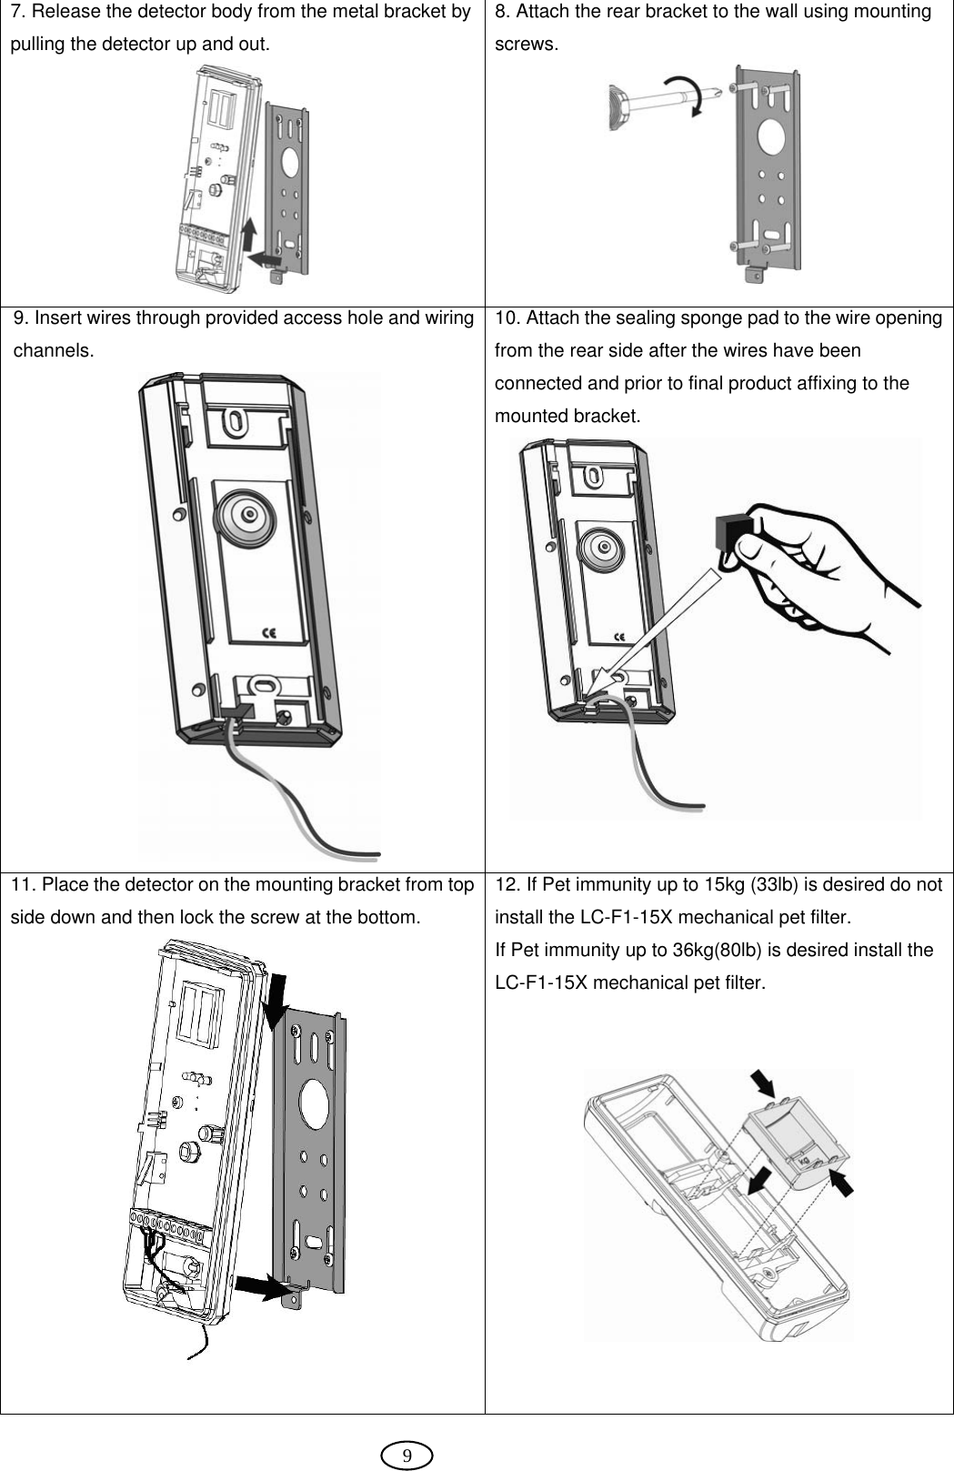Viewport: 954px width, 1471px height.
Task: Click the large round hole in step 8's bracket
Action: pos(769,137)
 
